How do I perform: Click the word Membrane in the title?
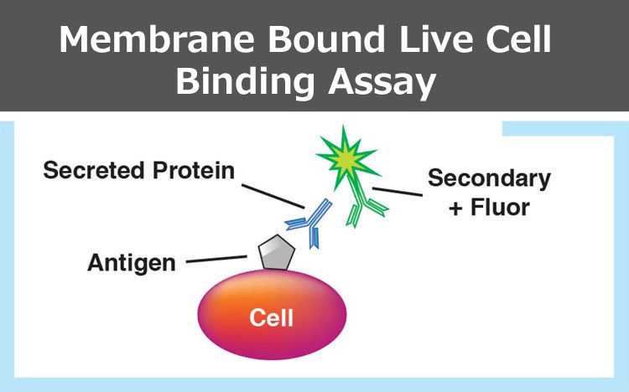point(157,39)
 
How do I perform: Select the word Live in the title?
point(436,39)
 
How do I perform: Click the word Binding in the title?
point(245,82)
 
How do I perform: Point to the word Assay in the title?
point(382,83)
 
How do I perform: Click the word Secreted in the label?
point(94,170)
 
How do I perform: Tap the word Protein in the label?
point(194,170)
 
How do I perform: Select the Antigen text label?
point(132,263)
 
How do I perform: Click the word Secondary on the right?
point(490,178)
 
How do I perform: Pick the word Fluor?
point(500,208)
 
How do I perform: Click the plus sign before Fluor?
point(455,209)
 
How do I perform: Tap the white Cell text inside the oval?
point(271,317)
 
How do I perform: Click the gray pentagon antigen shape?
point(277,252)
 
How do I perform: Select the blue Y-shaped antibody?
point(309,223)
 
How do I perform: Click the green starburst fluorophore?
point(346,157)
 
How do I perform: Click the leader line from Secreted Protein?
point(273,196)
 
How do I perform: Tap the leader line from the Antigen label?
point(216,259)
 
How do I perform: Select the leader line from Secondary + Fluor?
point(398,192)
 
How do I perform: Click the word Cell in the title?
point(518,39)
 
